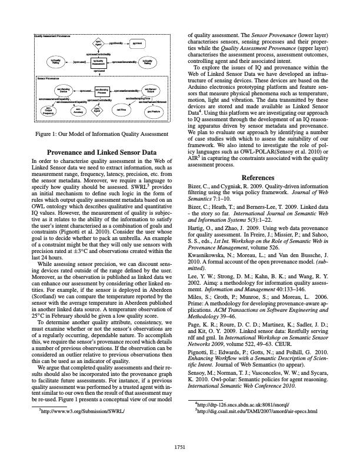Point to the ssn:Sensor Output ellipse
click(151, 91)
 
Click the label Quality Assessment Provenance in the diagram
click(53, 36)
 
